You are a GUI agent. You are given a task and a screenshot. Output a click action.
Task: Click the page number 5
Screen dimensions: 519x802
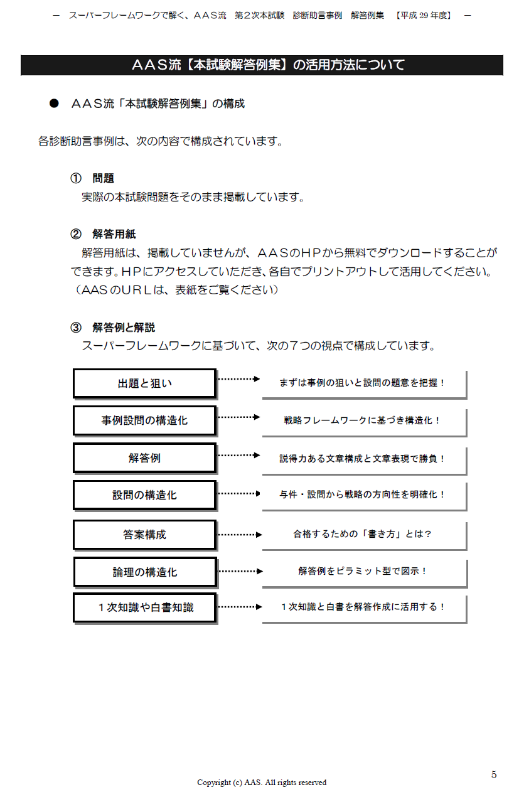(494, 774)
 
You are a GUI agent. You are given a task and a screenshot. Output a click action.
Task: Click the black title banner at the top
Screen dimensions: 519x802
(262, 65)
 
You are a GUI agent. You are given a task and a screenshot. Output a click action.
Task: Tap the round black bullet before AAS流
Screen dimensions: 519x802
(54, 104)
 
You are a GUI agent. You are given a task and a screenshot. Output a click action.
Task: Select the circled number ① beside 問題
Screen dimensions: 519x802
(75, 178)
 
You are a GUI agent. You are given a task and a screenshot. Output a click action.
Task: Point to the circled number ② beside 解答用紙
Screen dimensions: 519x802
(75, 234)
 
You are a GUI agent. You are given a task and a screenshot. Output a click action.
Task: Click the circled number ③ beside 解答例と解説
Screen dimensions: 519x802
(75, 327)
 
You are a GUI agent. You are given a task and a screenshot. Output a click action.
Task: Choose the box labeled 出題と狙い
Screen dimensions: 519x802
(145, 383)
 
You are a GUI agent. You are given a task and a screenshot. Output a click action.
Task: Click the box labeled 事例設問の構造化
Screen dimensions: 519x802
(145, 420)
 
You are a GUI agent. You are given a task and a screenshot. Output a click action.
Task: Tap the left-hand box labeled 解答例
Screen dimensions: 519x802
(145, 458)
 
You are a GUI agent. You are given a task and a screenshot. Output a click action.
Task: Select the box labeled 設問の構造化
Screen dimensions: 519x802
(145, 495)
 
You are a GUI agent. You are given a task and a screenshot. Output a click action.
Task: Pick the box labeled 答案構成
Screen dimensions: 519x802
(145, 535)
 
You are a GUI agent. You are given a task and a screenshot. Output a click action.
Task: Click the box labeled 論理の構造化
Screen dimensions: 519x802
(146, 572)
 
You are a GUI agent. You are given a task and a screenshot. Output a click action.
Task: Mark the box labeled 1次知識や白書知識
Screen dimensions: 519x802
(145, 608)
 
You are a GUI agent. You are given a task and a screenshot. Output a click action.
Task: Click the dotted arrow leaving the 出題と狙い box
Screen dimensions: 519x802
(238, 379)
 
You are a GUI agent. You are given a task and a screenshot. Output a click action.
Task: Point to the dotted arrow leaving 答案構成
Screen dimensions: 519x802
(240, 535)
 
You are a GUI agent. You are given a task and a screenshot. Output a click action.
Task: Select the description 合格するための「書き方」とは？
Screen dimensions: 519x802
(362, 534)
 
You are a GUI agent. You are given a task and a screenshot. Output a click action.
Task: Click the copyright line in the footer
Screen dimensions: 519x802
(262, 783)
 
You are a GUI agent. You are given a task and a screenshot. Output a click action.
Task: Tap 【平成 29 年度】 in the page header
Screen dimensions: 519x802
(424, 16)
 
